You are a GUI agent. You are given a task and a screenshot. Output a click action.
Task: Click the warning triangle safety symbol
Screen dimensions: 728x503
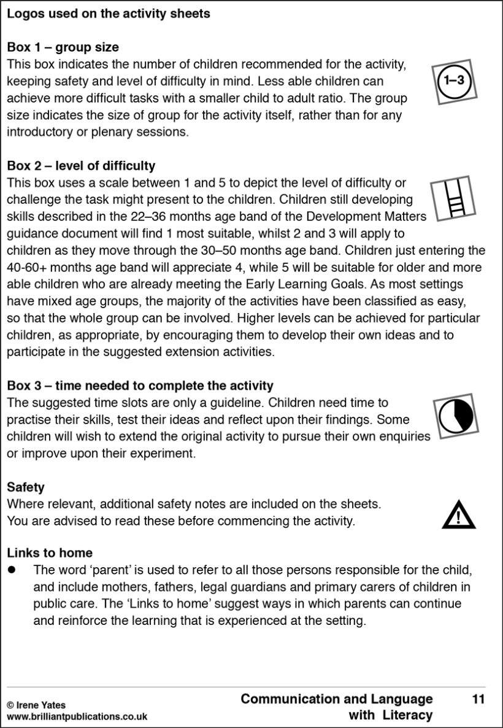[x=459, y=514]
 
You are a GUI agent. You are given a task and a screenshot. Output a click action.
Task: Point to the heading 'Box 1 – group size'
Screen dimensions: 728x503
[x=63, y=47]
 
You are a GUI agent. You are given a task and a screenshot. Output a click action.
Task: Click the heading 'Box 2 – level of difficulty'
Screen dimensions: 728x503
[x=81, y=166]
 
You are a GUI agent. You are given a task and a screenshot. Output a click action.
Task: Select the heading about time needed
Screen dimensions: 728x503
[x=140, y=386]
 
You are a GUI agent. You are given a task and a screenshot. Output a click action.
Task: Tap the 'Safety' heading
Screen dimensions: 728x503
[x=26, y=487]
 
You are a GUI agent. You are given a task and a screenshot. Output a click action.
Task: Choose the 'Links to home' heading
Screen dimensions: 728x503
[x=50, y=553]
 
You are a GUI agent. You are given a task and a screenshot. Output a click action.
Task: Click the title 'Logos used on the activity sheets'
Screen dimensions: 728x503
[x=109, y=14]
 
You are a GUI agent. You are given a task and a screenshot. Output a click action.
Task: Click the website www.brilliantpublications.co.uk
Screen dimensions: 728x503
[x=77, y=716]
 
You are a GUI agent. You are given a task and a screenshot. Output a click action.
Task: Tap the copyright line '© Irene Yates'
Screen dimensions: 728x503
[x=36, y=705]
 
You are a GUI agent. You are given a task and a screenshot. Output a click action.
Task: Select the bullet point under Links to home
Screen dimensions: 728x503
[x=10, y=570]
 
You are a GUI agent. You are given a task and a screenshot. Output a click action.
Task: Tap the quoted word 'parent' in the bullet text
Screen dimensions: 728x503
[x=101, y=570]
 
